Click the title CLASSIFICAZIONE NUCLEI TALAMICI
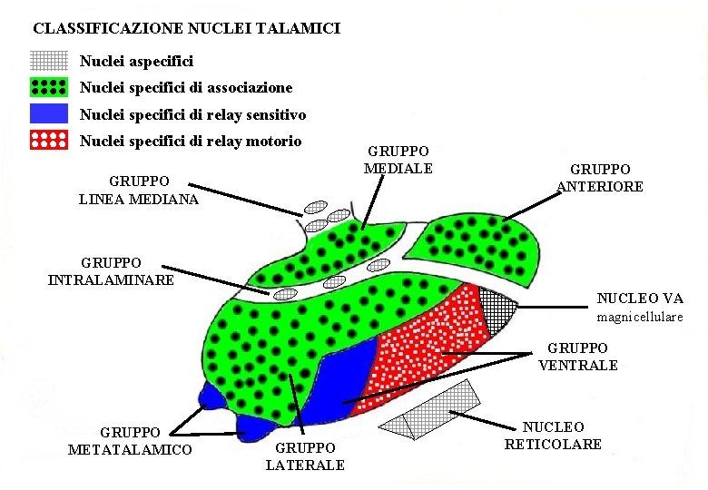tap(187, 29)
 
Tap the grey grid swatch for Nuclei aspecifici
tap(49, 61)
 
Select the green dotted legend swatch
tap(49, 87)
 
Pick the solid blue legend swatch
tap(49, 114)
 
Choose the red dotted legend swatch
tap(49, 141)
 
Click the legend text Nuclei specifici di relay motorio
tap(191, 142)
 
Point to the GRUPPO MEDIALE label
tap(398, 160)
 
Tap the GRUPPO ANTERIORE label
tap(599, 178)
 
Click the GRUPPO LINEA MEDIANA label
tap(139, 190)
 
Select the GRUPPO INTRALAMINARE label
tap(111, 270)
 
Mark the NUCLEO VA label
tap(640, 298)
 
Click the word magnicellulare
tap(639, 318)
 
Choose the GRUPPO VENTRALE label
tap(578, 357)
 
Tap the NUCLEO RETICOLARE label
tap(553, 436)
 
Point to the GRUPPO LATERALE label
tap(305, 456)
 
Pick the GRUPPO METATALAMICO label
tap(130, 441)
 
